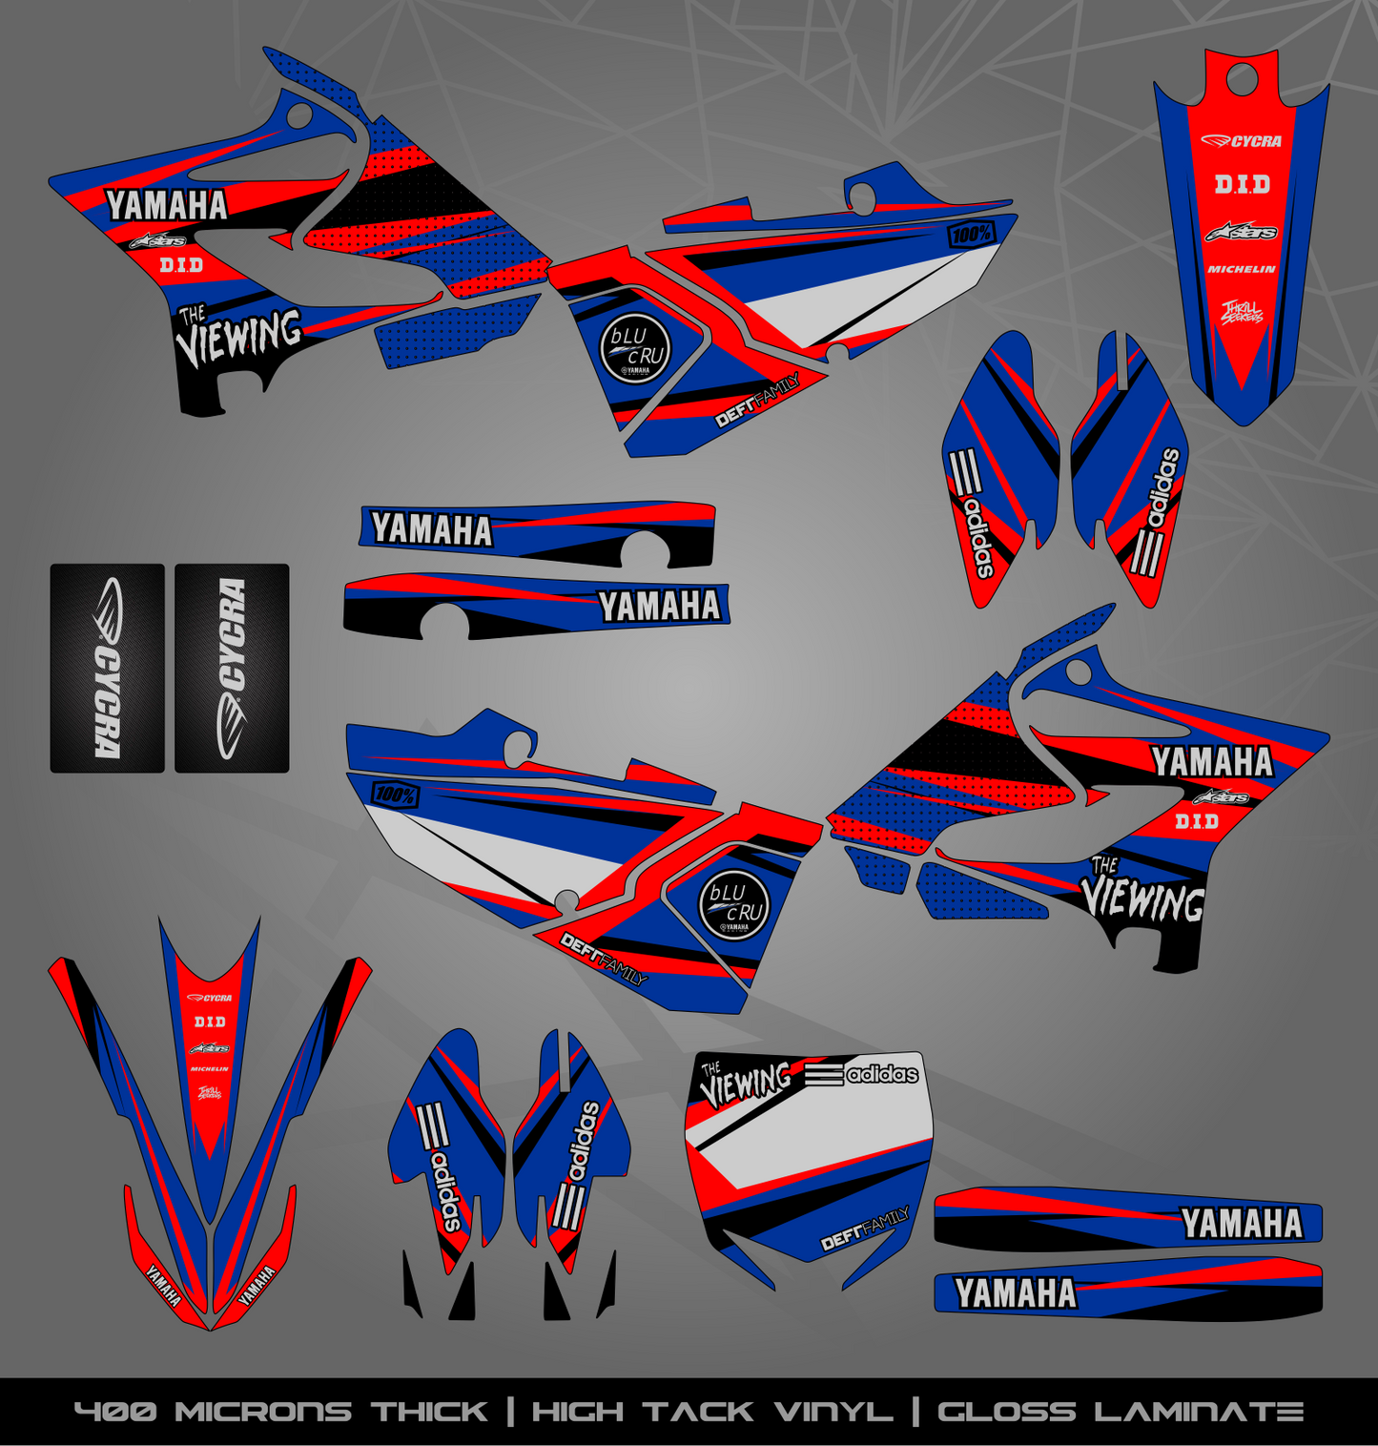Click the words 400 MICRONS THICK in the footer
[280, 1412]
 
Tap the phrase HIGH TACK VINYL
[712, 1412]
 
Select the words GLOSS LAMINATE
[1121, 1412]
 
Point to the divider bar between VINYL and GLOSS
[915, 1412]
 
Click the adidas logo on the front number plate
[862, 1074]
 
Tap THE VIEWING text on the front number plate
[746, 1082]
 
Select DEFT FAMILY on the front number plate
[865, 1229]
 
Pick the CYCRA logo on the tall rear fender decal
[1241, 141]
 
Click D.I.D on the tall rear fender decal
[1242, 184]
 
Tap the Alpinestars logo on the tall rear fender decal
[1241, 232]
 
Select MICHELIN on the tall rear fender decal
[1241, 270]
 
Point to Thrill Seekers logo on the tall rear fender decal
[1242, 312]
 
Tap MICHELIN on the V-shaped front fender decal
[210, 1069]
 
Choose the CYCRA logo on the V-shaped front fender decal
[210, 998]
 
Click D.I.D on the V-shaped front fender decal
[210, 1022]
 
